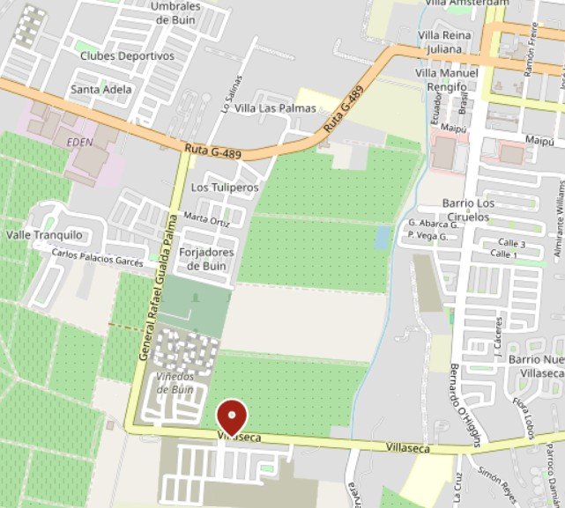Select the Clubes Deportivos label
click(x=127, y=55)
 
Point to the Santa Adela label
click(x=101, y=89)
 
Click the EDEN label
click(x=79, y=142)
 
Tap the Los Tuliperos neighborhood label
click(x=225, y=188)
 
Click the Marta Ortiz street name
click(x=207, y=219)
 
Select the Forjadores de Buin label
click(x=206, y=258)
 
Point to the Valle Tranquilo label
click(x=44, y=235)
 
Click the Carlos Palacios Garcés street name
click(x=97, y=256)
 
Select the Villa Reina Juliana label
click(x=444, y=41)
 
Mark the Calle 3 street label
click(x=512, y=242)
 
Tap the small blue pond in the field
click(x=382, y=237)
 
